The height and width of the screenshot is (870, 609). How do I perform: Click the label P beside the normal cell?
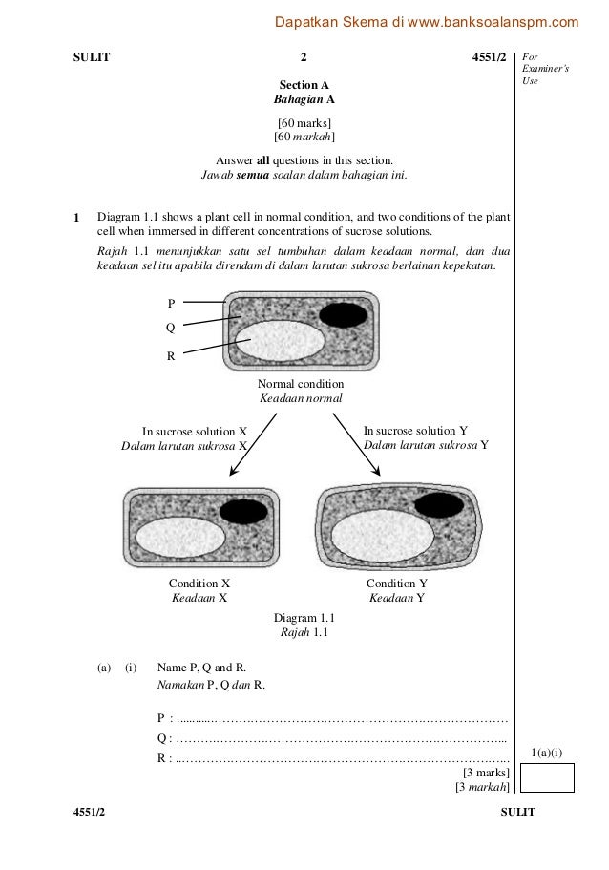pos(171,303)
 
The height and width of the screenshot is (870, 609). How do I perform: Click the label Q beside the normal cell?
pos(171,327)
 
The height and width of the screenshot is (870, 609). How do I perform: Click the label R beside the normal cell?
pos(171,356)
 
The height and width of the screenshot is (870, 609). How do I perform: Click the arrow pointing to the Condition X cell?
pos(252,444)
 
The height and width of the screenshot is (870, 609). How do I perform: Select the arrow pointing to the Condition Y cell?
pos(358,443)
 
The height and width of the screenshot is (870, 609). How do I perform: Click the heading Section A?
pos(304,84)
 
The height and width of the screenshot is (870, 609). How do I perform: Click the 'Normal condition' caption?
pos(301,383)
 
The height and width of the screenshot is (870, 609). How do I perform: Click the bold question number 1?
pos(78,217)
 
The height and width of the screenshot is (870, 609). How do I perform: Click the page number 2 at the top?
pos(304,56)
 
